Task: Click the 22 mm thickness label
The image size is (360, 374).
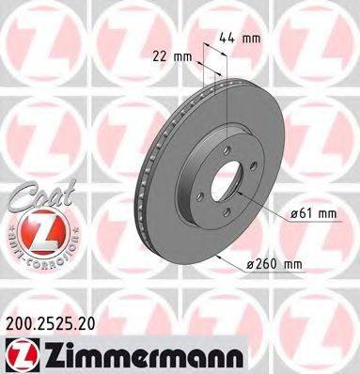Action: [x=175, y=55]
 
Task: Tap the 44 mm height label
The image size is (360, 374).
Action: [x=243, y=39]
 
